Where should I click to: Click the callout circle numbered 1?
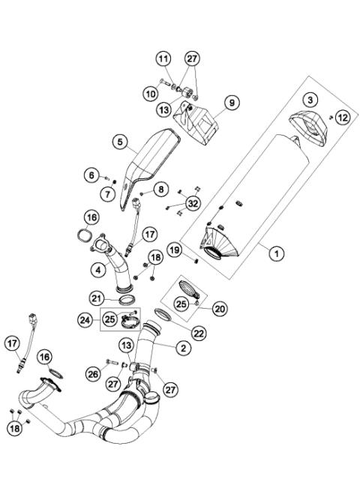277,254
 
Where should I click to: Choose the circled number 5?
119,141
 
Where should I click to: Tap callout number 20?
220,307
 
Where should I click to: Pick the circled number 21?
99,299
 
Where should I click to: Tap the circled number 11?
163,58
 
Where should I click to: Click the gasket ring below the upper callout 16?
91,240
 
